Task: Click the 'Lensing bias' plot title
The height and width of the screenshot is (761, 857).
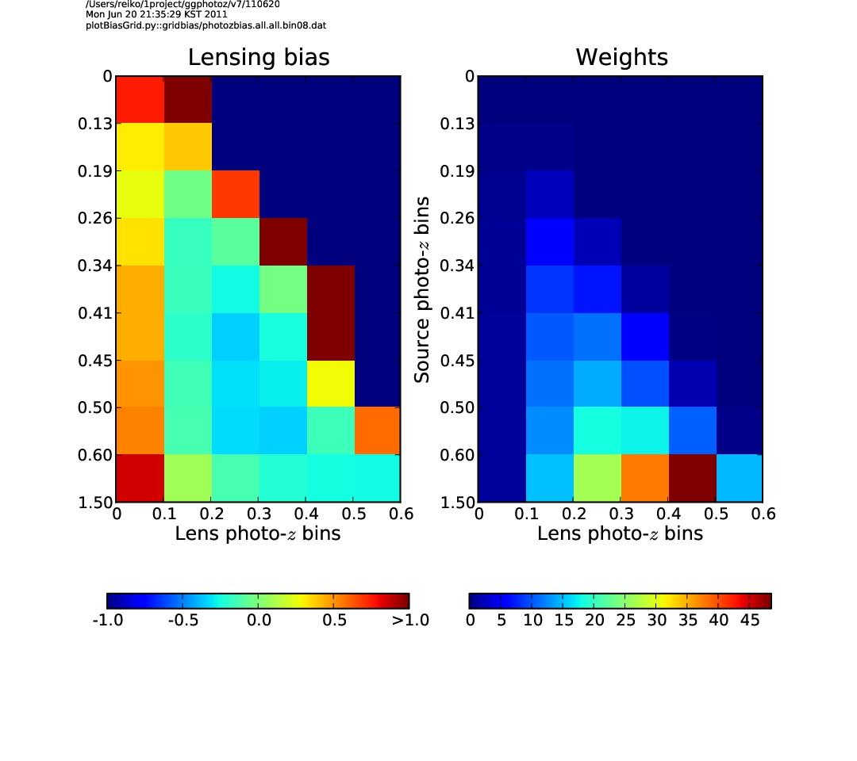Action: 259,57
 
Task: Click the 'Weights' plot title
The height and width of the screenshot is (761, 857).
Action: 621,57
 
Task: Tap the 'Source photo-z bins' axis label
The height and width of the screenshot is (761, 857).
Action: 421,289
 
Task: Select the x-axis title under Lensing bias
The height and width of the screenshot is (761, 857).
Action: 257,533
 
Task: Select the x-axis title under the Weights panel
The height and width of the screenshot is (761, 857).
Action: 620,533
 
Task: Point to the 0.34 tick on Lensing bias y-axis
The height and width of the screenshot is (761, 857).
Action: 95,266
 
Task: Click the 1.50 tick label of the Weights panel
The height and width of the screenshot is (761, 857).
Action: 458,503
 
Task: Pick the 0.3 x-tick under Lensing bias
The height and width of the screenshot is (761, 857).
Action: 259,514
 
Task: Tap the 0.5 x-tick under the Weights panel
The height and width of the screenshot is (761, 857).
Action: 716,514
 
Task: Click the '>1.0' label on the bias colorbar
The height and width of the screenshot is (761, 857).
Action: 410,620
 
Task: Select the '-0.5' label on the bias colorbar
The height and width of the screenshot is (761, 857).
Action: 183,620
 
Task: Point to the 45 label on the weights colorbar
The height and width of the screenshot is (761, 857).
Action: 750,620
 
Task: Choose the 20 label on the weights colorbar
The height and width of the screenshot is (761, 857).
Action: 594,620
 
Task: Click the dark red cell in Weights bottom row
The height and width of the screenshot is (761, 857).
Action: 693,478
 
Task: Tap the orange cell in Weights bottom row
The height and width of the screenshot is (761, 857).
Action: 645,478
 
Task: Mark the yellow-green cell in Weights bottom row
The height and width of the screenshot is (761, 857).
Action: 598,478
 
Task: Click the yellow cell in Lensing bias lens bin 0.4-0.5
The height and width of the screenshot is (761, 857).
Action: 331,384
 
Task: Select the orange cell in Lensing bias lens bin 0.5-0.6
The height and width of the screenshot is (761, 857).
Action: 378,430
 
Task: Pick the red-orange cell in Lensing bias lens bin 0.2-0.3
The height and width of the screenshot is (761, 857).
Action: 236,194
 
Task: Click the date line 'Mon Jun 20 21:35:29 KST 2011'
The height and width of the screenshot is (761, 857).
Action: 156,15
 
